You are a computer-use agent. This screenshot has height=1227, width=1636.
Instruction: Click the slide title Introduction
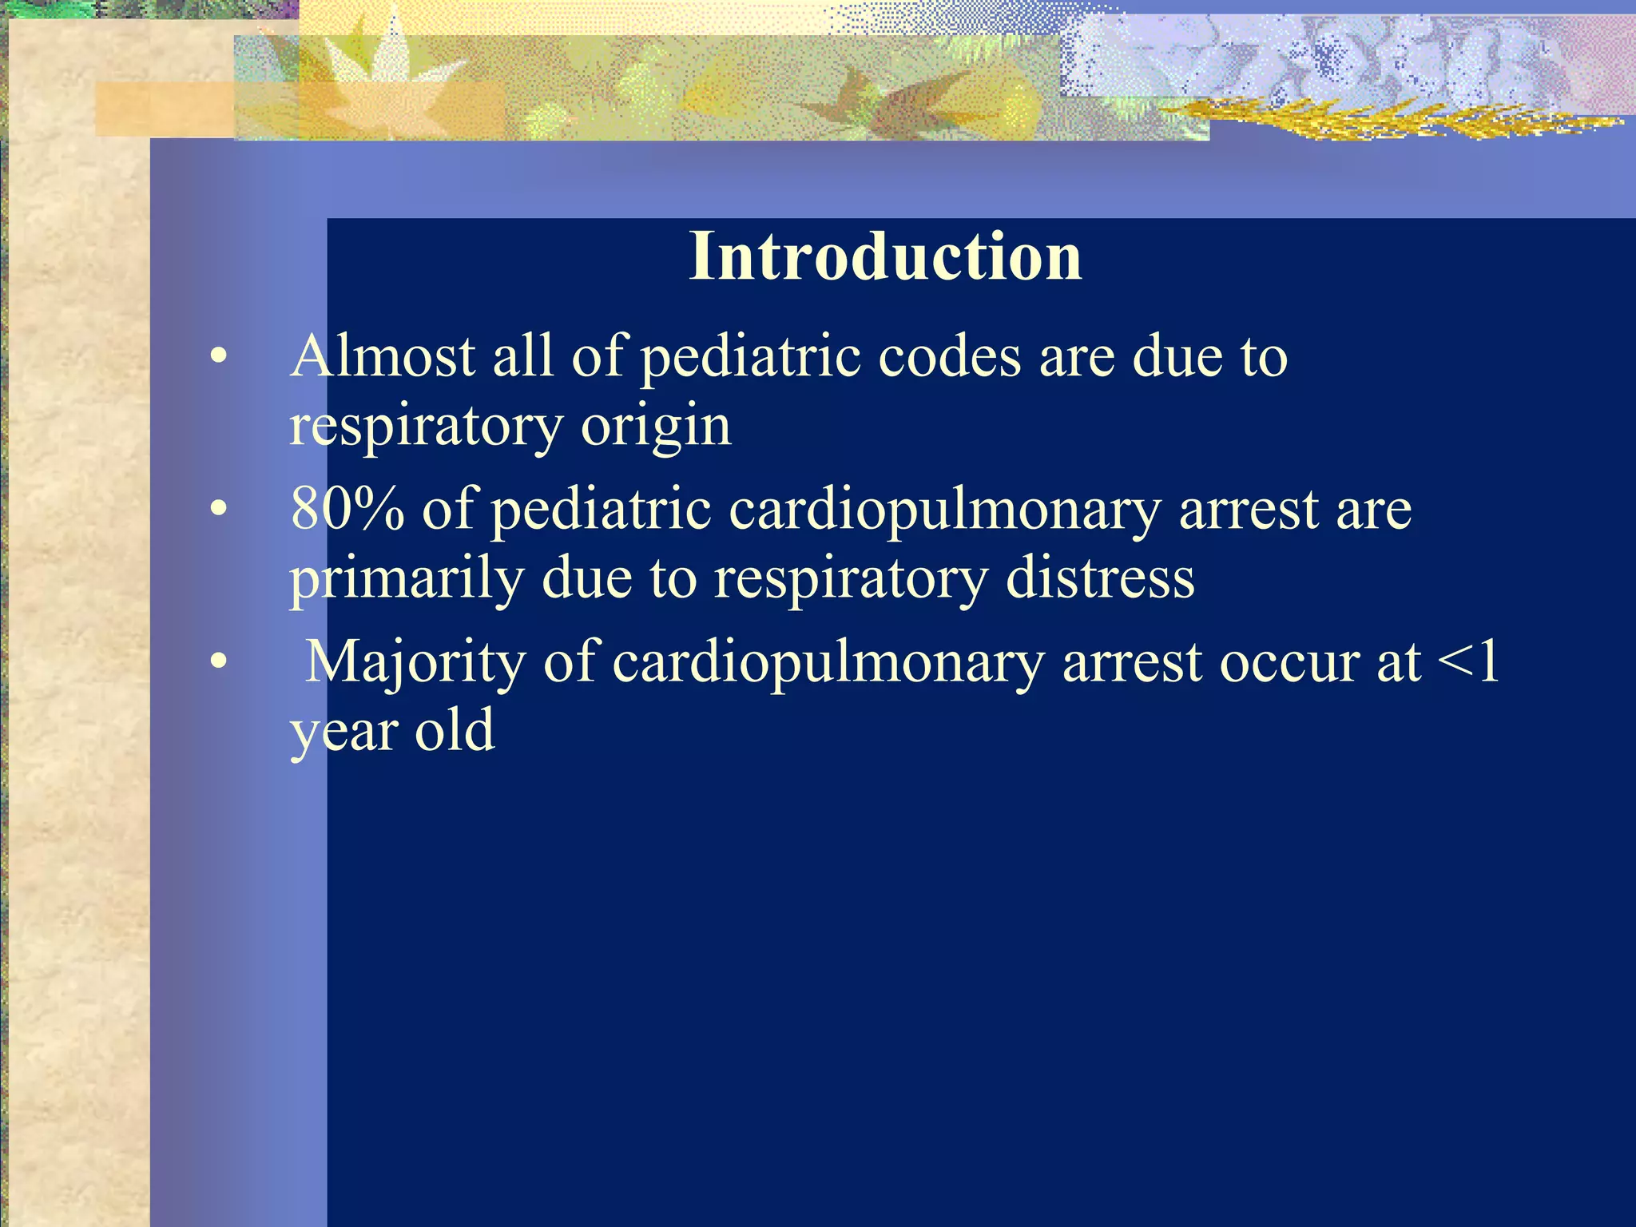pyautogui.click(x=885, y=256)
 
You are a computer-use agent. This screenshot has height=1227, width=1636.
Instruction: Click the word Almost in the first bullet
pyautogui.click(x=383, y=356)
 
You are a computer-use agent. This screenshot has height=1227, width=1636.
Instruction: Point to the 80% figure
pyautogui.click(x=347, y=509)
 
